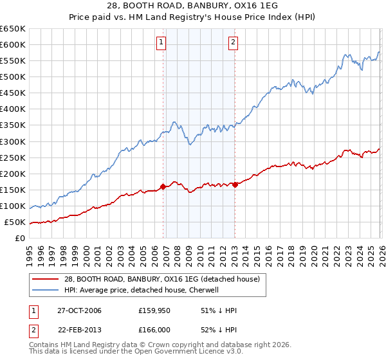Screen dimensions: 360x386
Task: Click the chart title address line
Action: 193,5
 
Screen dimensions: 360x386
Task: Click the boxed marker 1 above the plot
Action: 161,43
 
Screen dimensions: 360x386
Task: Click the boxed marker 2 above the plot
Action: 233,43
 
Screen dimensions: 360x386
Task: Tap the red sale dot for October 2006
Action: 163,186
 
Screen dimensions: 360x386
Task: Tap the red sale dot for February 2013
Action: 235,184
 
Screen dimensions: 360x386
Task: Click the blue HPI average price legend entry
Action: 142,290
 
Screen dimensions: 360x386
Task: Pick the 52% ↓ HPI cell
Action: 219,332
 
